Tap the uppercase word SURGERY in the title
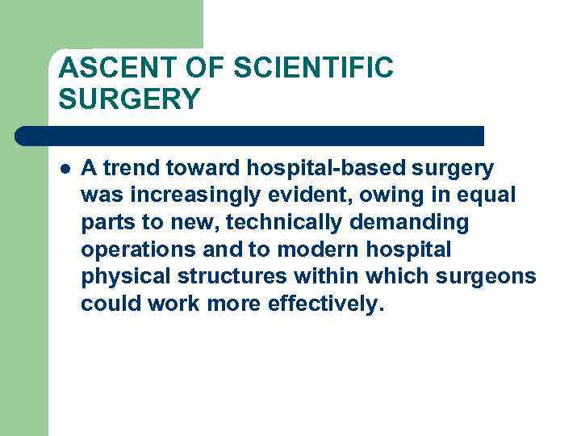tap(129, 99)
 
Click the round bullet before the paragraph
tap(65, 169)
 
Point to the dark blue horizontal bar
tap(250, 136)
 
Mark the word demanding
tap(420, 222)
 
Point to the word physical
tap(123, 276)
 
